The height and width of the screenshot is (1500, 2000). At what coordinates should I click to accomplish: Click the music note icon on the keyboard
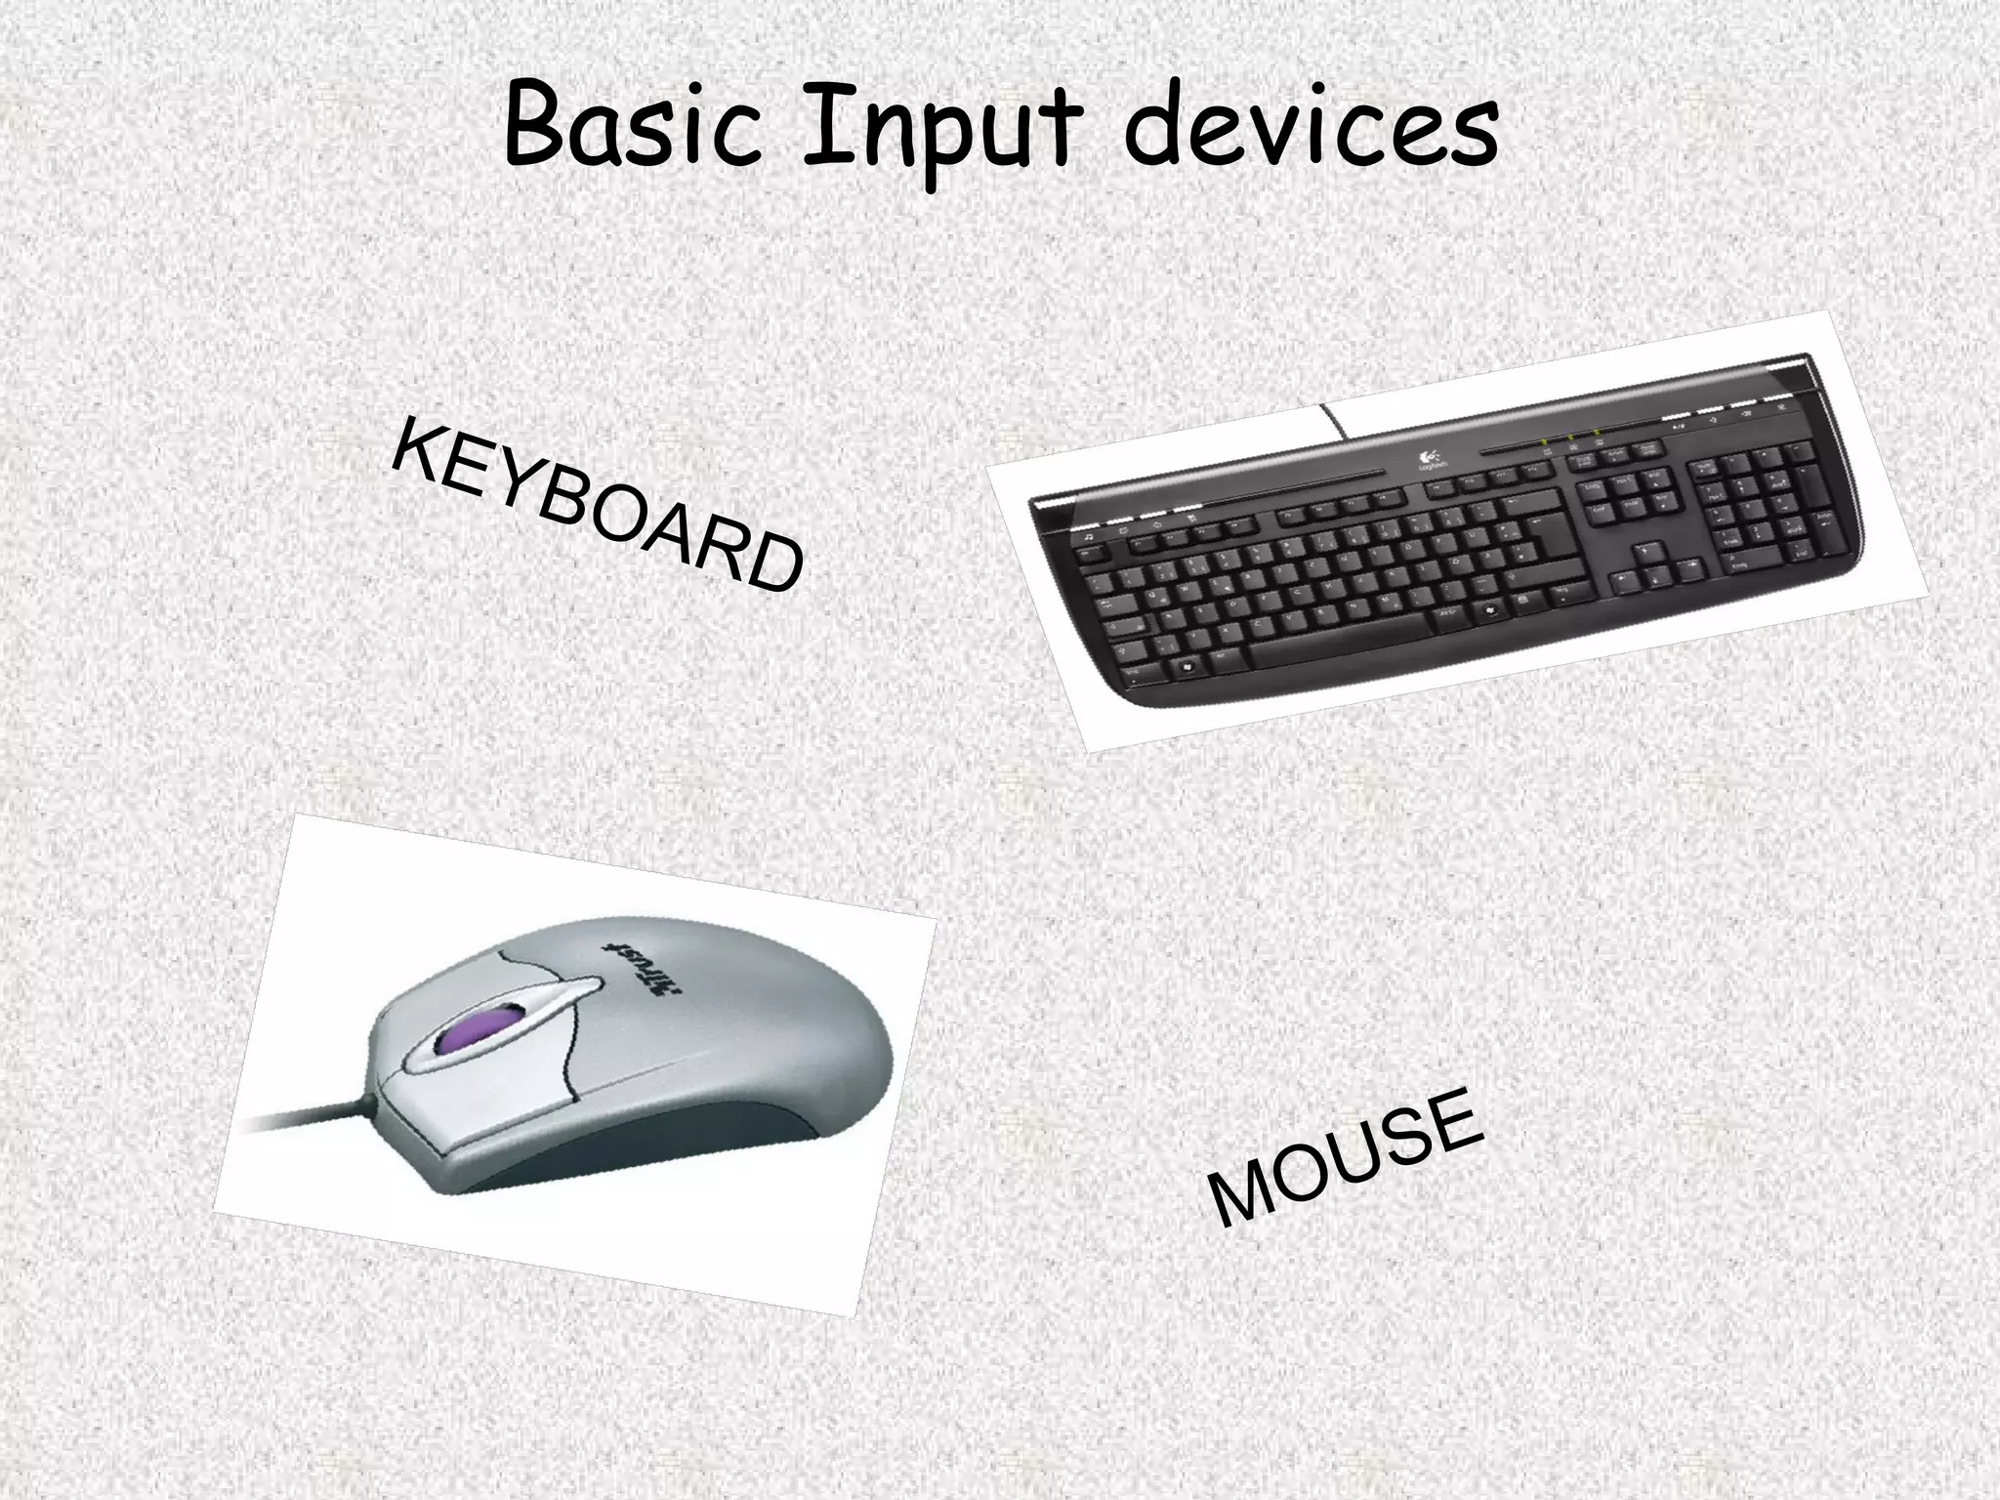1087,538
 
